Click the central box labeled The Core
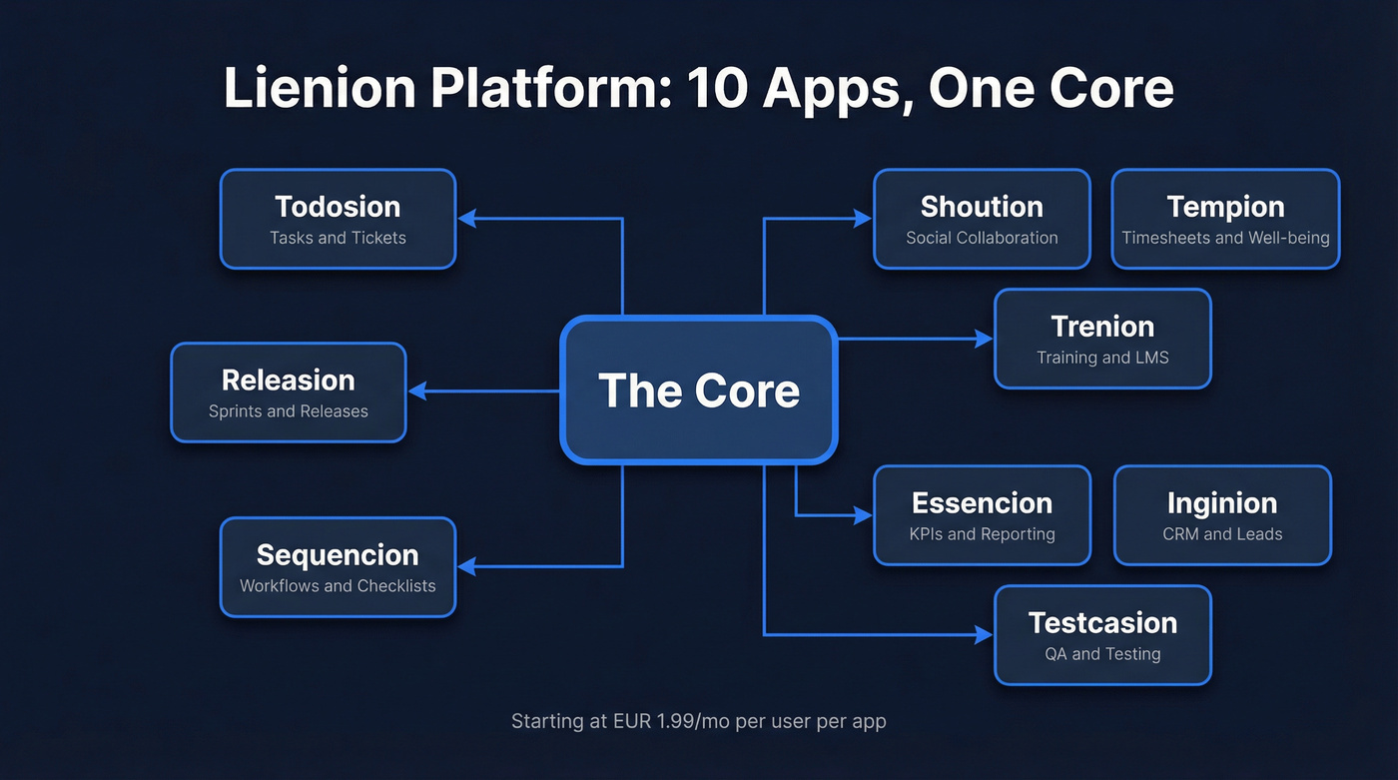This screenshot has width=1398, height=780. click(x=698, y=390)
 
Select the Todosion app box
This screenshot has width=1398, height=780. click(x=338, y=219)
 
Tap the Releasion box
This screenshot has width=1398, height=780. click(x=289, y=392)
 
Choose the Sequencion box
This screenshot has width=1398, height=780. click(x=338, y=566)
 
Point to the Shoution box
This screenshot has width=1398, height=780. click(x=982, y=219)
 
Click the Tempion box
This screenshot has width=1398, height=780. click(x=1225, y=219)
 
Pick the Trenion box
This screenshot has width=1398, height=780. click(x=1102, y=339)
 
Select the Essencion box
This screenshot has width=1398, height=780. click(x=982, y=515)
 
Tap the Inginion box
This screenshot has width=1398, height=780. click(x=1222, y=515)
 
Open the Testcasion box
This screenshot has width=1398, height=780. click(x=1102, y=635)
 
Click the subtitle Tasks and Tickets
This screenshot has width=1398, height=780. click(x=338, y=238)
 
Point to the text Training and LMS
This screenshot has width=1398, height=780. click(x=1102, y=358)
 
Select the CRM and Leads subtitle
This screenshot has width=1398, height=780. click(x=1222, y=534)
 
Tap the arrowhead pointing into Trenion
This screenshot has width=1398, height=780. click(x=984, y=340)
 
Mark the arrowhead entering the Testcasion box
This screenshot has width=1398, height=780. click(x=984, y=635)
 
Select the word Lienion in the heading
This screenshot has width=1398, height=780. click(x=318, y=88)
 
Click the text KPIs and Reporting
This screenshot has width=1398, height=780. click(x=982, y=534)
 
